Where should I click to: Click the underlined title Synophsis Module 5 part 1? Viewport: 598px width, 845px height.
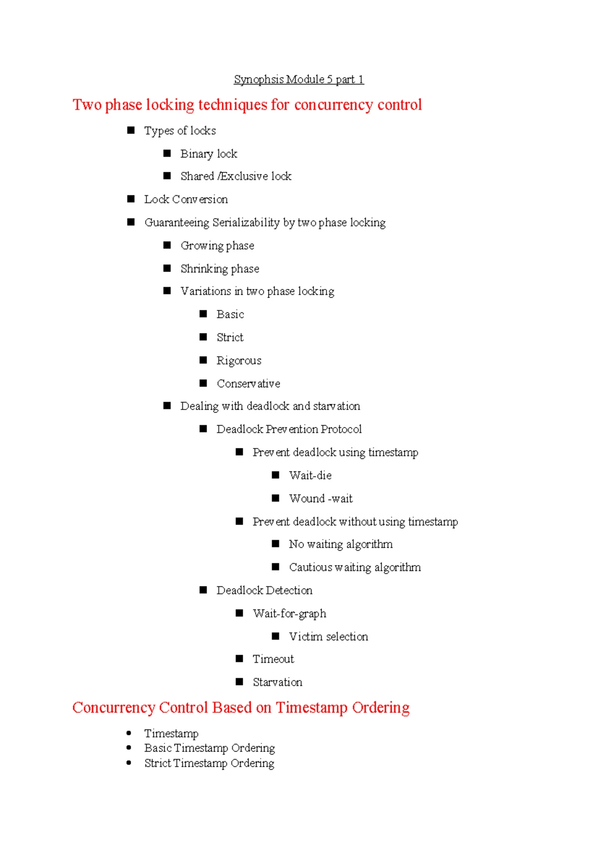click(299, 79)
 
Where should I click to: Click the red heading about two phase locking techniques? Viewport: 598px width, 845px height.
click(247, 105)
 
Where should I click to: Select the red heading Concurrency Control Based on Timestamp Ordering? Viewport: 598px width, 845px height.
click(241, 707)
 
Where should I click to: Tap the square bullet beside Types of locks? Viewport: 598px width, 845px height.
click(131, 131)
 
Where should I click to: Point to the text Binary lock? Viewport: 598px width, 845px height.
click(209, 154)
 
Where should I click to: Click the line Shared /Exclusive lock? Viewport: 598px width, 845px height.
click(236, 176)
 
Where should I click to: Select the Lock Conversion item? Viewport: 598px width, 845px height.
click(186, 199)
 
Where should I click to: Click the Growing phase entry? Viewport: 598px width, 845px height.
click(217, 246)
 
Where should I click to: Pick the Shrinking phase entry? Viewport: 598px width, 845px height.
click(220, 269)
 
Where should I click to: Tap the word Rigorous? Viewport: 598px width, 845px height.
click(239, 361)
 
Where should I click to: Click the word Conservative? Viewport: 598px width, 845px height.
click(248, 384)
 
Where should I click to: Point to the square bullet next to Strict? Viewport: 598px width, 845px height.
click(203, 337)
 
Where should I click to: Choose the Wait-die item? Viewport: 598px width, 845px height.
click(310, 475)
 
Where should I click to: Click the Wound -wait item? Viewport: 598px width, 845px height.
click(321, 498)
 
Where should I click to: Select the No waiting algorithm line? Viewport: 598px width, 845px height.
click(341, 545)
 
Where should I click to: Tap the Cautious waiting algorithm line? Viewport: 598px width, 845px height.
click(355, 567)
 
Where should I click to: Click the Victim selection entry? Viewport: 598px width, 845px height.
click(328, 636)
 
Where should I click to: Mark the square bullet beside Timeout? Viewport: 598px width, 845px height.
click(239, 658)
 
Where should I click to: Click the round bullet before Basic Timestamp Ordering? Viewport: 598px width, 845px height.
click(129, 747)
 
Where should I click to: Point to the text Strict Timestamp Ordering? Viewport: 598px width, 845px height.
click(209, 763)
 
